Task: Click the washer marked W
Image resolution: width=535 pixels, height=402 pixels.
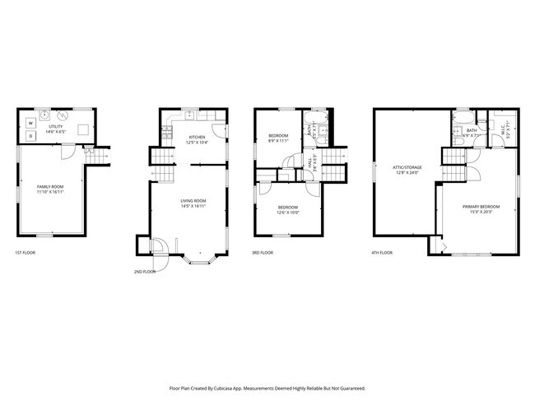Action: click(31, 123)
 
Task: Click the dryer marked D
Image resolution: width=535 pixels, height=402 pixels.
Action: click(31, 135)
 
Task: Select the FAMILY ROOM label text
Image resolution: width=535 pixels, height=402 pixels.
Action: click(49, 189)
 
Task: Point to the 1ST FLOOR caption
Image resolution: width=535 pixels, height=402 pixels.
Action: click(26, 253)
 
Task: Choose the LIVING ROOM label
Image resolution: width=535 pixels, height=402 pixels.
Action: click(193, 203)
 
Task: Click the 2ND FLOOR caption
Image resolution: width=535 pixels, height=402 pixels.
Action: click(144, 271)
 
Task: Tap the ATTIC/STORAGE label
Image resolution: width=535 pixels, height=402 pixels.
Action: click(407, 170)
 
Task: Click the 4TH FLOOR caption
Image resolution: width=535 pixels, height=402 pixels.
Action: click(382, 253)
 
